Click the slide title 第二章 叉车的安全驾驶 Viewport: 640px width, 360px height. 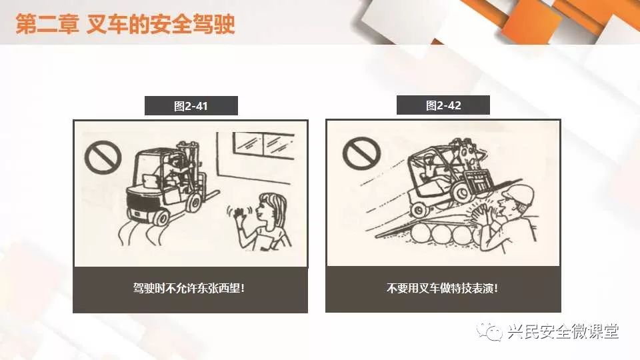click(x=125, y=24)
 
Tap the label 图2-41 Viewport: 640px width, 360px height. click(x=191, y=106)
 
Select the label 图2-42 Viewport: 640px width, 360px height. click(x=443, y=106)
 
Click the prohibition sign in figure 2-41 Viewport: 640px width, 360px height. click(x=103, y=157)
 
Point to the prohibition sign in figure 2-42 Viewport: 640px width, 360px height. click(x=361, y=153)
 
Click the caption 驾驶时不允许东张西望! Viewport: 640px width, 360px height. click(x=189, y=288)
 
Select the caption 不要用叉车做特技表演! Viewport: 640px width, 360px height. click(x=443, y=288)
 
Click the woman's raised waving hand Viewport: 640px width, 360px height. click(x=235, y=213)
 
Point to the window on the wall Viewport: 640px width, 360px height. click(x=263, y=145)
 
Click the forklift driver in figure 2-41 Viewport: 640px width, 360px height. click(x=173, y=169)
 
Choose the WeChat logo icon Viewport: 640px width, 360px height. click(x=489, y=331)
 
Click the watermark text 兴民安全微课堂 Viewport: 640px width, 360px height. click(x=563, y=331)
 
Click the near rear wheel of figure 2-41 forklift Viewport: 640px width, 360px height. click(x=161, y=217)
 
